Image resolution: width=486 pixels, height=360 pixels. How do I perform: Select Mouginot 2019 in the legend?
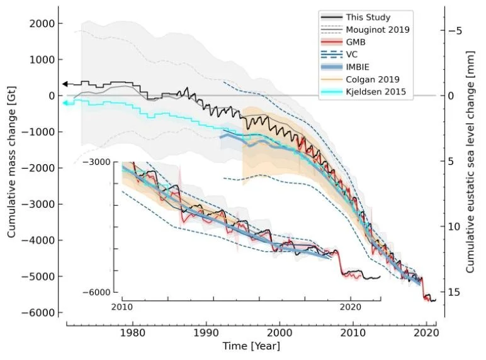click(x=383, y=30)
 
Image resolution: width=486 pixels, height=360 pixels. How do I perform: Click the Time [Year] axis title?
click(x=251, y=347)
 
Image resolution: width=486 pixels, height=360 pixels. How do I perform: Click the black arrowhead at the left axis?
click(x=65, y=84)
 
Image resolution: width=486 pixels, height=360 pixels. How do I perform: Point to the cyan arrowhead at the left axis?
click(x=65, y=102)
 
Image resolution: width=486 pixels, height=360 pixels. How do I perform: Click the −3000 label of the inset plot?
click(x=100, y=162)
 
